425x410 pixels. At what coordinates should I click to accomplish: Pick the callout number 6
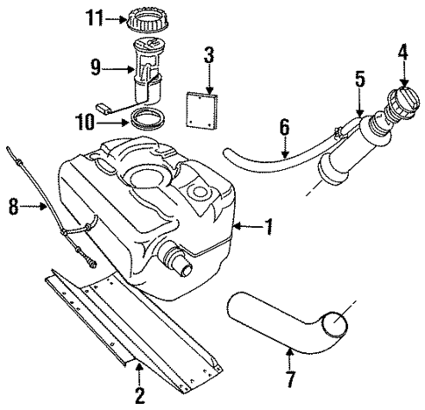(283, 128)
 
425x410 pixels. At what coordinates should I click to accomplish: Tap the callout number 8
(13, 208)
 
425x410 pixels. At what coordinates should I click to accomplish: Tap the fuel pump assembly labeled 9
(150, 70)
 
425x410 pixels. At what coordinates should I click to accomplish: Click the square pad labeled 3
(202, 107)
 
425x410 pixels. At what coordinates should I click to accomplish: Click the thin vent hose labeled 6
(272, 159)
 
